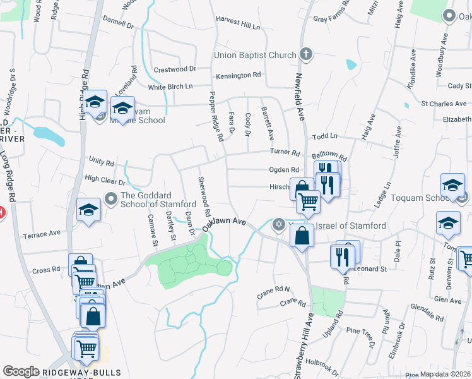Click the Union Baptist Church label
click(255, 55)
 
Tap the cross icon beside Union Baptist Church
click(305, 54)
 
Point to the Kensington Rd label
click(239, 75)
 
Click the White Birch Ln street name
click(170, 87)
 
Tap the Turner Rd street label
click(285, 152)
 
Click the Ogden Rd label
click(284, 169)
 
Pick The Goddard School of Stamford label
click(158, 200)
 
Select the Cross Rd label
click(46, 270)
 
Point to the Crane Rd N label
click(273, 289)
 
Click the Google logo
click(21, 371)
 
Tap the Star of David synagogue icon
click(278, 224)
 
